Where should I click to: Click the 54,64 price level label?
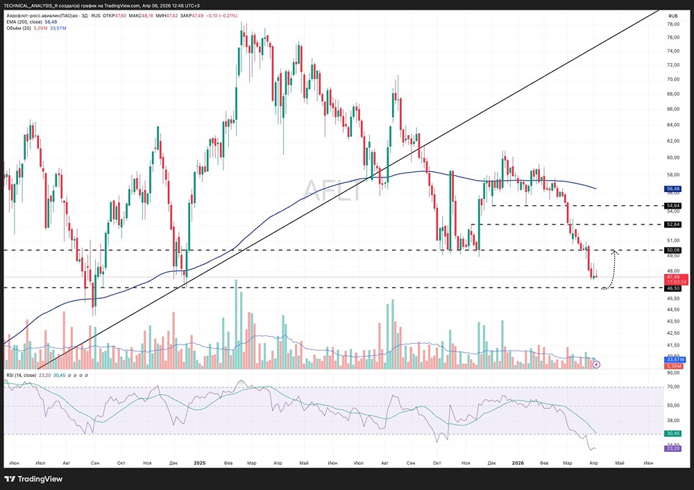coord(672,206)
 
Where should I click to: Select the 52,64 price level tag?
coord(672,225)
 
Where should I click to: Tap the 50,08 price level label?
coord(672,250)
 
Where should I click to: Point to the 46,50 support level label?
coord(672,287)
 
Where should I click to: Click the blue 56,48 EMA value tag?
coord(672,189)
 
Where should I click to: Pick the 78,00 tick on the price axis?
coord(672,24)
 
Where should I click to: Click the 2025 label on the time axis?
coord(200,462)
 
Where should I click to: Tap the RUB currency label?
coord(672,15)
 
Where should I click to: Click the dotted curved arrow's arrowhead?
coord(614,252)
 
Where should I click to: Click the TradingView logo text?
coord(40,479)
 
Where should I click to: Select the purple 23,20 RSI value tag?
coord(672,448)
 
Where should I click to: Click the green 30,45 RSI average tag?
coord(672,434)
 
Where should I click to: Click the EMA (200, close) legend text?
coord(25,21)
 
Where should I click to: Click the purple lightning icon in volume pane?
coord(595,364)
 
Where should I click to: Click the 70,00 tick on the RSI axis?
coord(672,387)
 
